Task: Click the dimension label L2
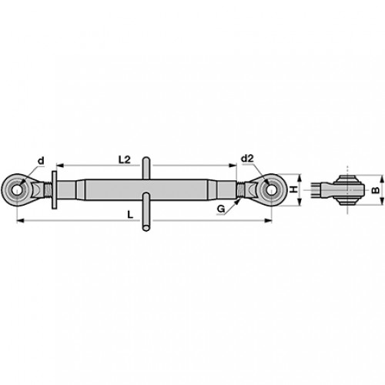[x=125, y=160]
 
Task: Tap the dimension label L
[x=131, y=215]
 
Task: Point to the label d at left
[x=41, y=161]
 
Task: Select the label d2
[x=247, y=159]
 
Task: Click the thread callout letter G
[x=221, y=209]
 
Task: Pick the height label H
[x=294, y=189]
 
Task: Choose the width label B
[x=376, y=190]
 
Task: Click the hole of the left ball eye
[x=17, y=190]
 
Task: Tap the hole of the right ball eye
[x=271, y=190]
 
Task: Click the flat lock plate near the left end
[x=54, y=190]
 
